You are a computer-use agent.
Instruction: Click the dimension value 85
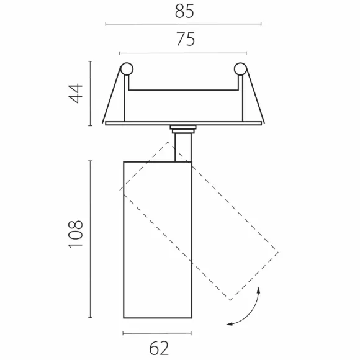(x=184, y=11)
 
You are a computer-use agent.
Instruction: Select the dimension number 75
(x=186, y=39)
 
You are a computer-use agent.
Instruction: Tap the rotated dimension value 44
(x=76, y=94)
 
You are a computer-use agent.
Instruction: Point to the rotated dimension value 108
(x=76, y=234)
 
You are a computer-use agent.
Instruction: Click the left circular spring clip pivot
(x=127, y=69)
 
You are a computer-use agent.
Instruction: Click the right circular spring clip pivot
(x=240, y=69)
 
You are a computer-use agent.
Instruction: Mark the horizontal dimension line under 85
(x=183, y=24)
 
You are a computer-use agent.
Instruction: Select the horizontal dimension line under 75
(x=182, y=53)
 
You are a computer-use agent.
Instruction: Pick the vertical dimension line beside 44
(x=90, y=94)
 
